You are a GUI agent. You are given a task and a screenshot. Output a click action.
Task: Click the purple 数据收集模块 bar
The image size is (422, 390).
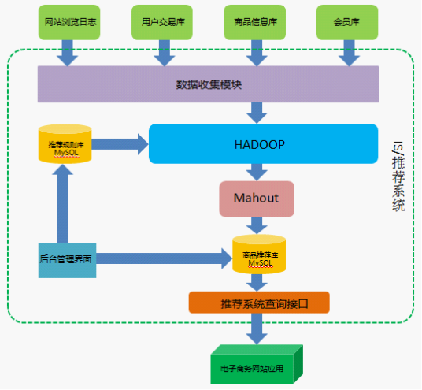208,84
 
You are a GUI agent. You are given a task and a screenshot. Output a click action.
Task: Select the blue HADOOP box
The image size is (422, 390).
258,144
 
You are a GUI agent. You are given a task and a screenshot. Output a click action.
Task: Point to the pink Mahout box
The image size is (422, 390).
256,198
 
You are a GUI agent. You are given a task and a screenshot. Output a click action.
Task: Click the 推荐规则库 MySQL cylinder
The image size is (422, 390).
65,144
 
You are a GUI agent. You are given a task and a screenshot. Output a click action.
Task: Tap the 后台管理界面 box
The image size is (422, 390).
67,258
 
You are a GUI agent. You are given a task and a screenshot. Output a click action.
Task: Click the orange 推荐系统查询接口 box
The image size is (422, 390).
258,303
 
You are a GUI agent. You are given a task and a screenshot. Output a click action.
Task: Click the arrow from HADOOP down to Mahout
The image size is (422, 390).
257,172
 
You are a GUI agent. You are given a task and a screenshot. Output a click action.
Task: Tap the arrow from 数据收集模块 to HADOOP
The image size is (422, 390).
257,112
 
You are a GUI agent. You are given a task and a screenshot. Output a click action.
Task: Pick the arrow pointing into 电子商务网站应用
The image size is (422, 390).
257,329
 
